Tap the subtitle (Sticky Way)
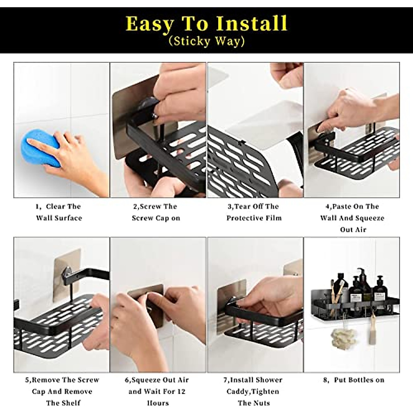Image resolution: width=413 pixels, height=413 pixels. pos(206,42)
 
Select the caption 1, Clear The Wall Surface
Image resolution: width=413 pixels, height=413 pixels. pos(59,212)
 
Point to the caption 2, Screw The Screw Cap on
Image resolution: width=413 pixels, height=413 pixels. pos(156,212)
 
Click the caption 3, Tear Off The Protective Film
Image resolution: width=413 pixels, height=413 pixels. pos(254,212)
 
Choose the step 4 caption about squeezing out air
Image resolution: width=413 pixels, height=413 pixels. pos(352,218)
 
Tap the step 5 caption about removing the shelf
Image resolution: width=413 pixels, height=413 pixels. pos(62,391)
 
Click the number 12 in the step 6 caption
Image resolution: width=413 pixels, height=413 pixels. pos(181,391)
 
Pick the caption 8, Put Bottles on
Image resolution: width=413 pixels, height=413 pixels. pos(353,380)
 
